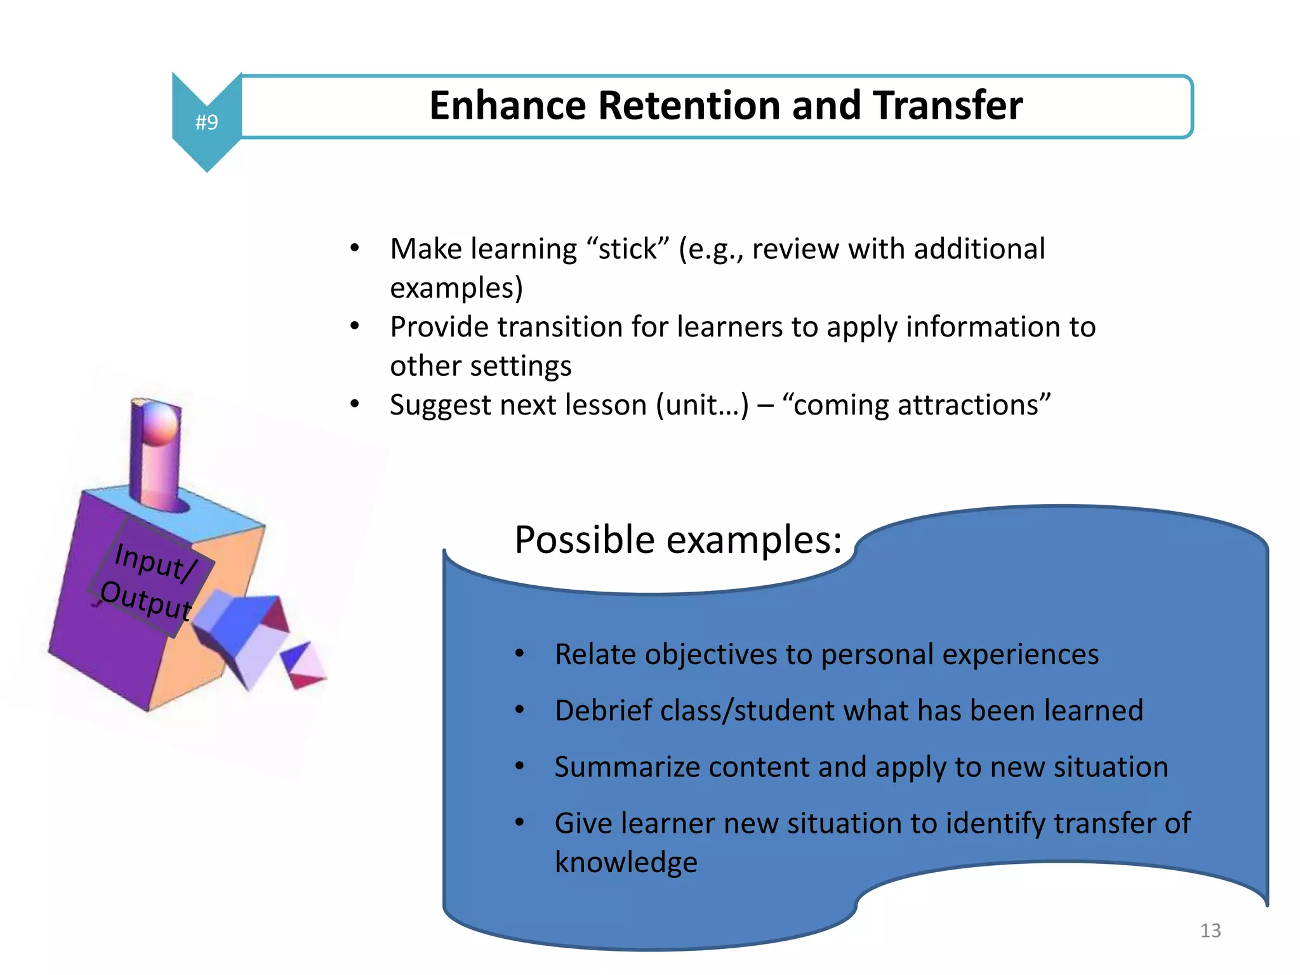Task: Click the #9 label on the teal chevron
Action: click(206, 122)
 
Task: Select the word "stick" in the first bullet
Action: click(628, 249)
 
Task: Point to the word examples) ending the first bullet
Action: click(456, 288)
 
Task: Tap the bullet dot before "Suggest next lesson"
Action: click(355, 404)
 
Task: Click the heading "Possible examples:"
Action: click(677, 540)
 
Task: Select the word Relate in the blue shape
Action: click(594, 654)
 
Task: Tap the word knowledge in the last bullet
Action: click(626, 863)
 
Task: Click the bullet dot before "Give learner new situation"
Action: click(520, 823)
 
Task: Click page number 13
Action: click(1210, 931)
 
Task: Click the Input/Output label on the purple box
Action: click(150, 581)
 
